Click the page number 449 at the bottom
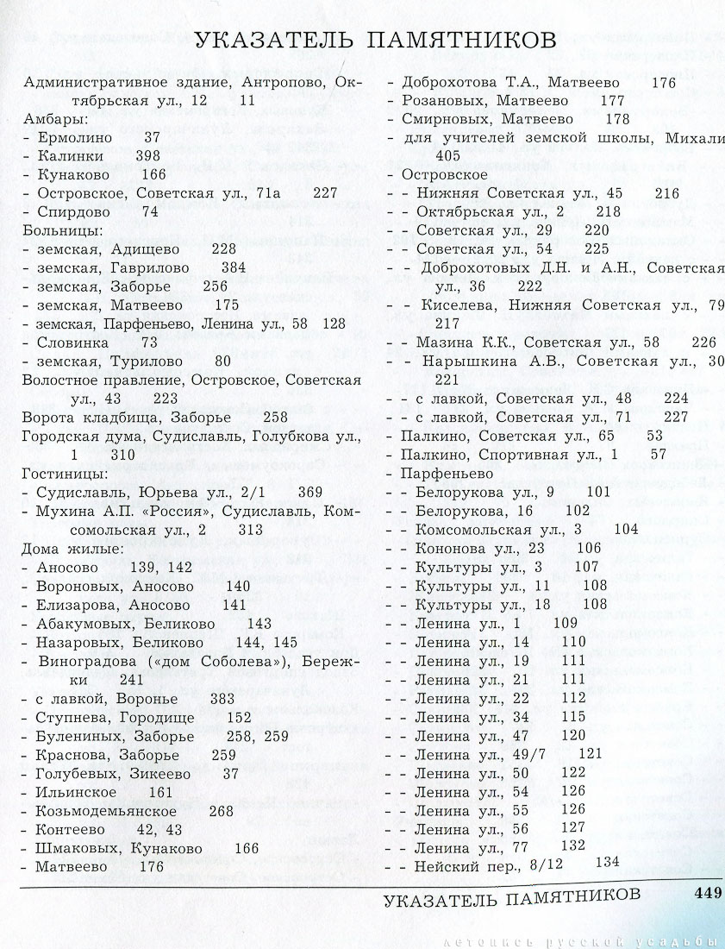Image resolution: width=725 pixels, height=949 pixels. click(x=706, y=893)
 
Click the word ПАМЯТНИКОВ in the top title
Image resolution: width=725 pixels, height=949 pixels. click(x=454, y=41)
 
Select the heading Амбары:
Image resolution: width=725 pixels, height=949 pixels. click(x=53, y=119)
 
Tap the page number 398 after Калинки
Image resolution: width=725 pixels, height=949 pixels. click(x=148, y=156)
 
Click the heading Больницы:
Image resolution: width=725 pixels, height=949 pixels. click(x=62, y=230)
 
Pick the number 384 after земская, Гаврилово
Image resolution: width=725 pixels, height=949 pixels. click(x=234, y=267)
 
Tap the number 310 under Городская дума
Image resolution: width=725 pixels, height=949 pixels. click(x=123, y=455)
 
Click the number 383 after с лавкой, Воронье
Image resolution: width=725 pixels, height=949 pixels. click(x=222, y=697)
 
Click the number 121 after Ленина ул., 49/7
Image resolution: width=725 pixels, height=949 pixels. click(x=591, y=753)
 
